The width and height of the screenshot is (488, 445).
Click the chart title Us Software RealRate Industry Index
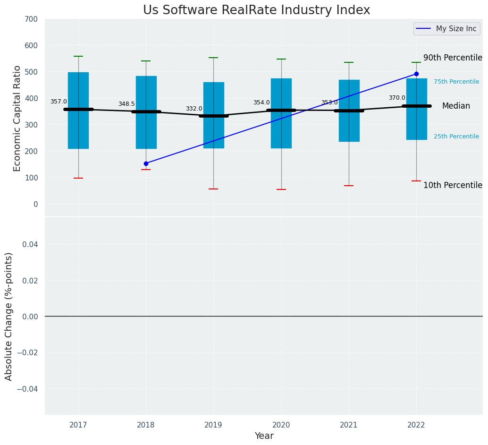tap(256, 10)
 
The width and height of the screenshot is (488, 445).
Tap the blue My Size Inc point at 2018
tap(146, 163)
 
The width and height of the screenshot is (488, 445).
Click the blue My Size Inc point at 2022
tap(416, 74)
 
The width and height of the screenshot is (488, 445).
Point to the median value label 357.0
tap(59, 102)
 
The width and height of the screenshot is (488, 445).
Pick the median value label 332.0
tap(194, 109)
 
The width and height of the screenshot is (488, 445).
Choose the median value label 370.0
tap(397, 98)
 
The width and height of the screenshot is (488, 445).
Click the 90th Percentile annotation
tap(453, 58)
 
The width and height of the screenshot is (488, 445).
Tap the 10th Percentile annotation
tap(453, 185)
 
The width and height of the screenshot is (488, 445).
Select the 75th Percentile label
tap(456, 82)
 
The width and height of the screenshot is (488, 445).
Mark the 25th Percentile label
tap(456, 137)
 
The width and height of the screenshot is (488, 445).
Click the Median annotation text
tap(456, 106)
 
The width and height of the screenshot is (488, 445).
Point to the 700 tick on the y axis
tap(32, 19)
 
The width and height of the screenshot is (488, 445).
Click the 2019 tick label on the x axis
tap(213, 425)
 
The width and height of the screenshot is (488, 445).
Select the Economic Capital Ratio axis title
tap(17, 118)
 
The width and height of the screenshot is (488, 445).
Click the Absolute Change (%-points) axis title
tap(9, 316)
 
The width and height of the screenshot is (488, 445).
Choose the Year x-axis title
tap(264, 436)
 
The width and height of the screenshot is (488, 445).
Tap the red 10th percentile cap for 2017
tap(78, 178)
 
